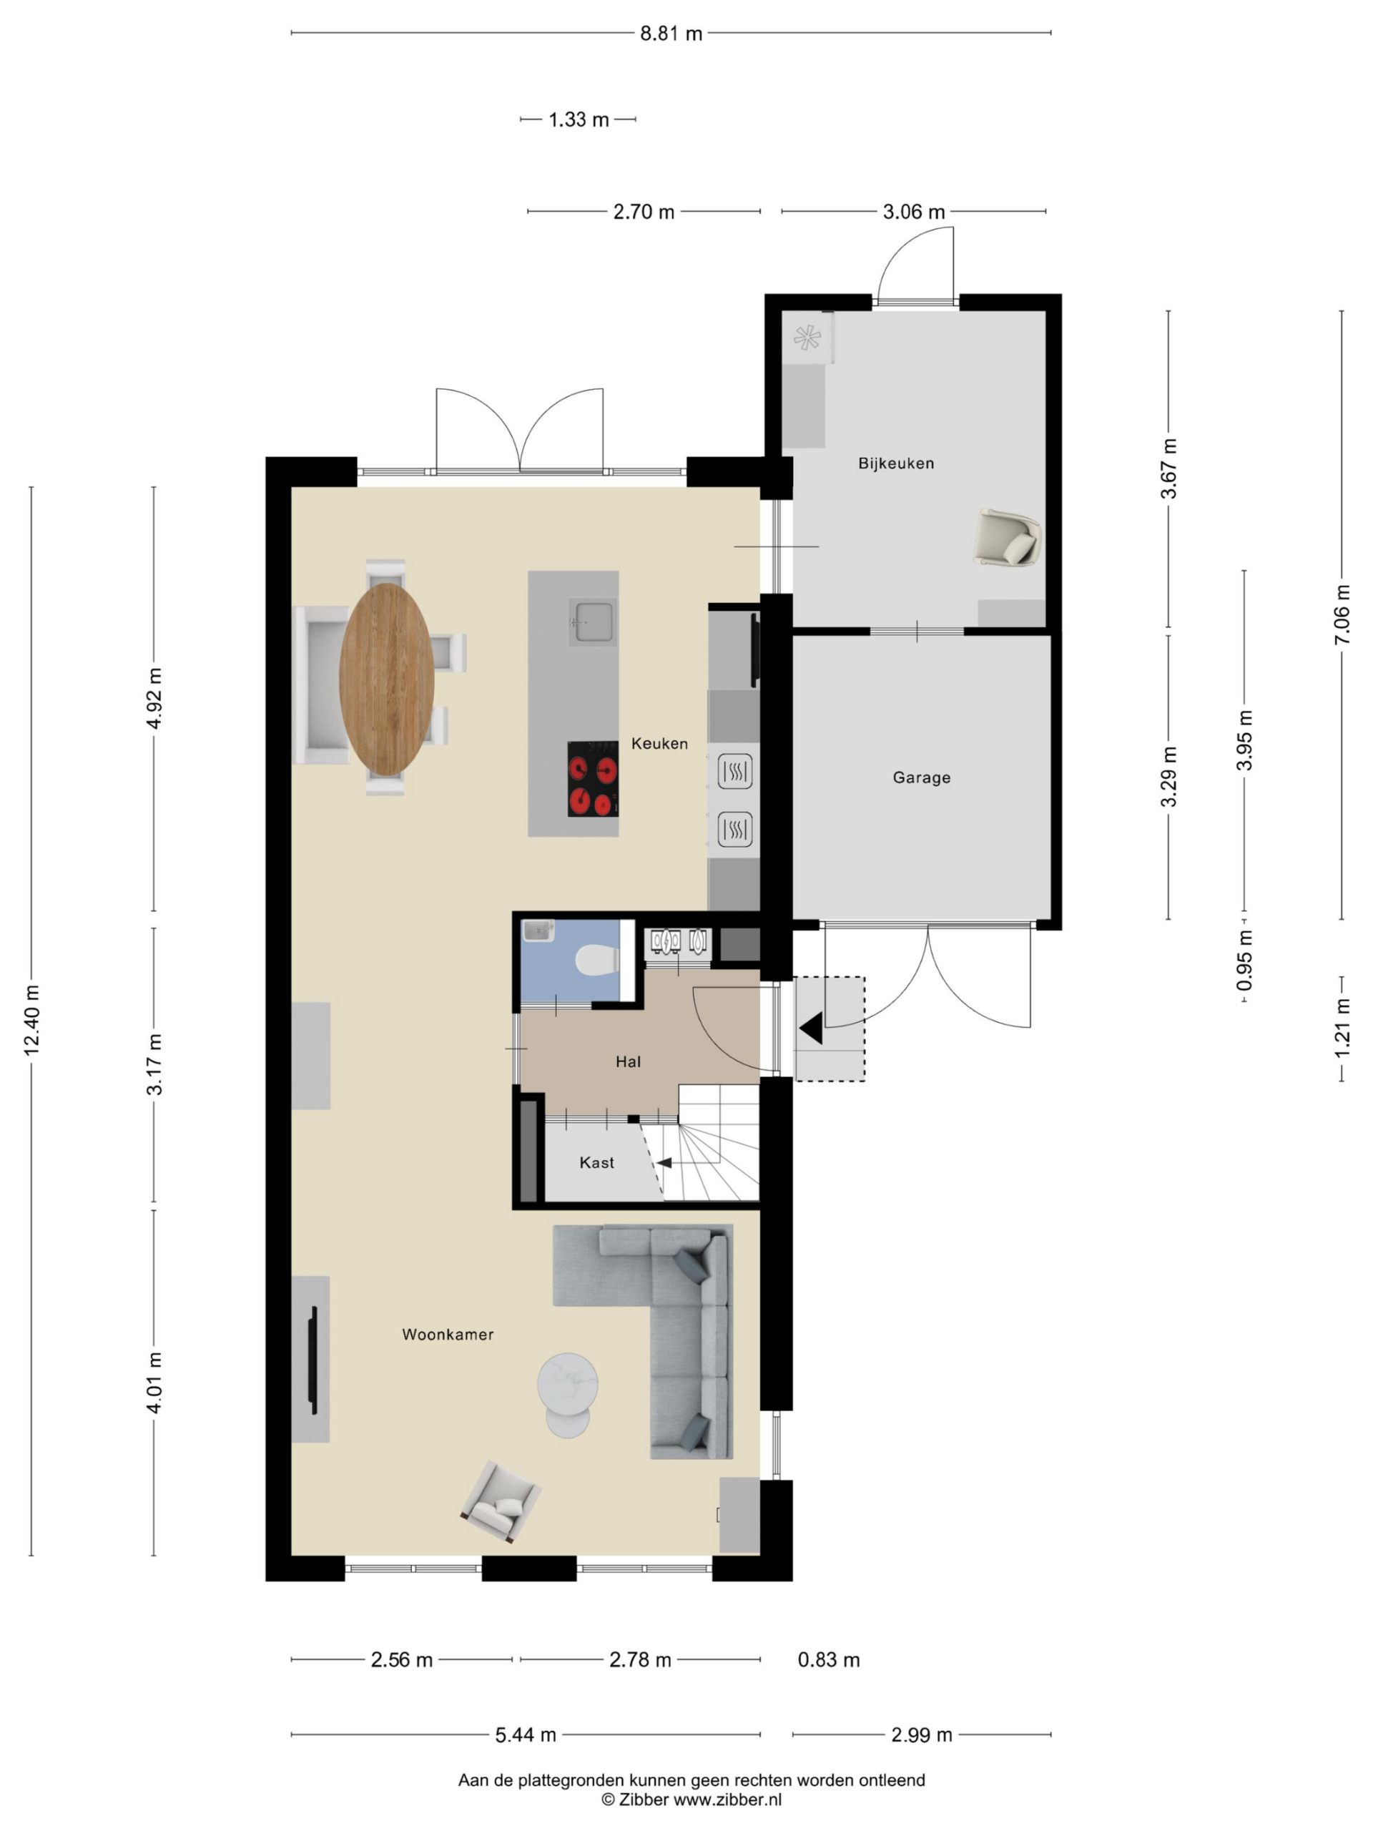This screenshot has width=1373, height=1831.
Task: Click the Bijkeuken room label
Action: (x=895, y=463)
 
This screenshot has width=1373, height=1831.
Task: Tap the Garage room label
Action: (x=921, y=777)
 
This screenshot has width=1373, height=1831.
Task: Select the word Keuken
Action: (x=659, y=743)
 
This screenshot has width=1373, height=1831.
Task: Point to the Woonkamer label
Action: (x=448, y=1335)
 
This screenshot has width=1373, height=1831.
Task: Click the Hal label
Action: (x=628, y=1061)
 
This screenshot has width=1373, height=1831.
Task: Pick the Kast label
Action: (x=596, y=1162)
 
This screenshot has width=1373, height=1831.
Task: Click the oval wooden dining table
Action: (x=386, y=679)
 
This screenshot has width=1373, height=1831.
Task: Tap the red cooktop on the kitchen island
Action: (x=593, y=779)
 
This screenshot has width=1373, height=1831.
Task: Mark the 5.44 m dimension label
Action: (x=526, y=1734)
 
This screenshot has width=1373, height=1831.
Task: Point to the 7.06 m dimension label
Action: (x=1342, y=614)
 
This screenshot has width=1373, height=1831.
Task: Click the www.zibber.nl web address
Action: (x=727, y=1799)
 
